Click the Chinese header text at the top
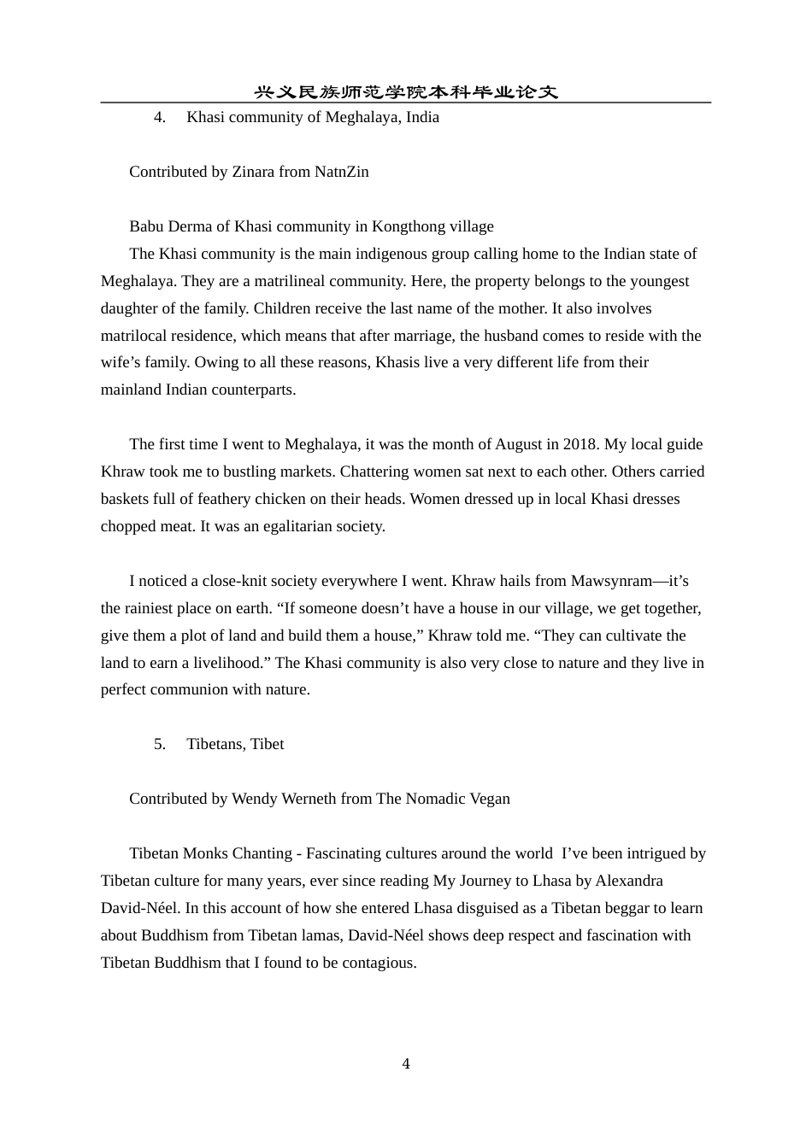[406, 91]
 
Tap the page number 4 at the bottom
[406, 1063]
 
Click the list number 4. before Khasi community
[160, 117]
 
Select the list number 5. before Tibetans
[160, 744]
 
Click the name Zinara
[253, 172]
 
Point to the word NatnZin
[342, 172]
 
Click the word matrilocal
[135, 336]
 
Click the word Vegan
[488, 799]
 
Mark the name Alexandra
[629, 881]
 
